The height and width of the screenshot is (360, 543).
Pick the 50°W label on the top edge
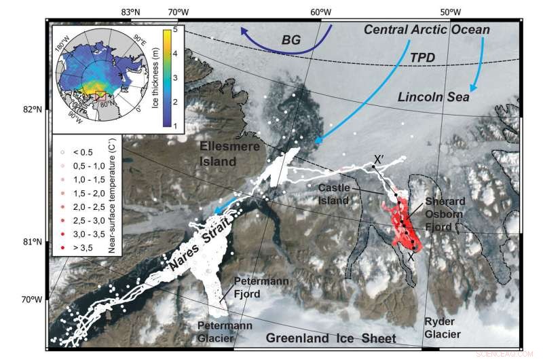(449, 12)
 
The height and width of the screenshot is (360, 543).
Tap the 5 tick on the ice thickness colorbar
(176, 31)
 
